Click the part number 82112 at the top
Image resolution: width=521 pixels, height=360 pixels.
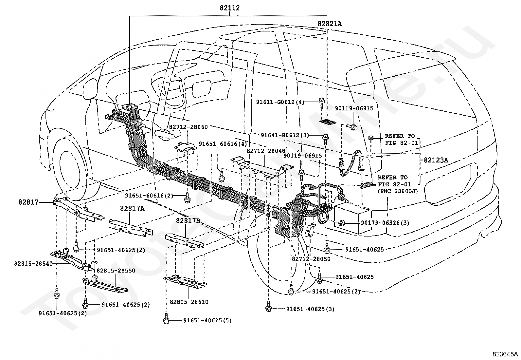point(229,8)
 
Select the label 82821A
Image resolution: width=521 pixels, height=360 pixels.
point(330,24)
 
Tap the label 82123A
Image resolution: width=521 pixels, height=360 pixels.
point(436,160)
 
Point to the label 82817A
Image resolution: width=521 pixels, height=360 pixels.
point(132,208)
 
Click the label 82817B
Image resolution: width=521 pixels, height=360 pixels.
point(188,220)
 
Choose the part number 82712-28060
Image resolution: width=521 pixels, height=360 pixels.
point(189,127)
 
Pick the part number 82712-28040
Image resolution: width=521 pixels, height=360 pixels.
point(266,151)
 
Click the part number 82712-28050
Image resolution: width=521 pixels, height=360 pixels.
point(311,259)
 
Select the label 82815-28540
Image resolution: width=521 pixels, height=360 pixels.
point(33,263)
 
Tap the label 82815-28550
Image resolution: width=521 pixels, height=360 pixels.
point(116,271)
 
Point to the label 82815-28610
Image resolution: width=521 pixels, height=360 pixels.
point(189,302)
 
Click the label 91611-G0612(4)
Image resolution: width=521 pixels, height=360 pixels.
point(280,102)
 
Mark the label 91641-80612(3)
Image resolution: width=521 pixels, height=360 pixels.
point(285,135)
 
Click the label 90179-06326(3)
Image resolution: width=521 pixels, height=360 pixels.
point(385,223)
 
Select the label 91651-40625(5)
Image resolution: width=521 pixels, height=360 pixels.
point(207,320)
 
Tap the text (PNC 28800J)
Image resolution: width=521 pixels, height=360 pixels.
point(398,191)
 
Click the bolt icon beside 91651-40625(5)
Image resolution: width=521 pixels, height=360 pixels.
point(166,318)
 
